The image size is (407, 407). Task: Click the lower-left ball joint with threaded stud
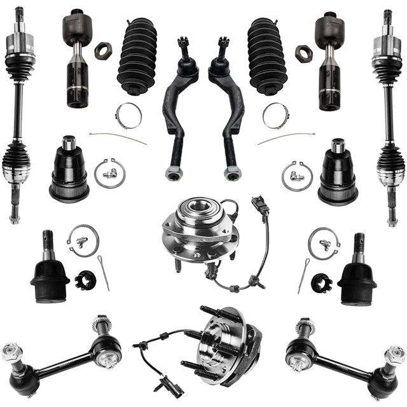[x=49, y=270]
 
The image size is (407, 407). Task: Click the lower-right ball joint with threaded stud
[x=357, y=270]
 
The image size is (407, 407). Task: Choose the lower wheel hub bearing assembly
[x=223, y=343]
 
